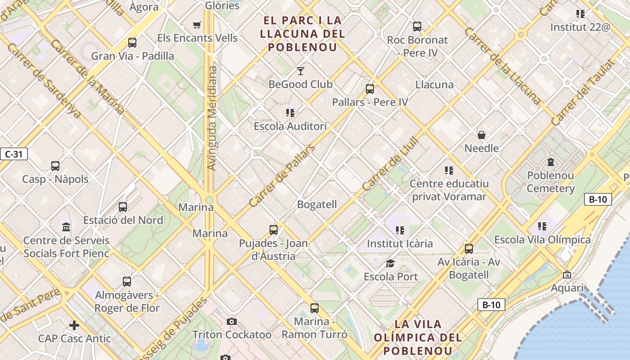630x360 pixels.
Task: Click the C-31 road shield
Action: coord(13,154)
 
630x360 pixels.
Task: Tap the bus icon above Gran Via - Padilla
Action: coord(132,43)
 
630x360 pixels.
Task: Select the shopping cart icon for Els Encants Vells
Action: coord(197,25)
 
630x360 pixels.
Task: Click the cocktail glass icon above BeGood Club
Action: coord(300,71)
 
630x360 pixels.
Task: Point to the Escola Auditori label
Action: coord(290,126)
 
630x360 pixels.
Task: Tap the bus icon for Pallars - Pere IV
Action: coord(369,89)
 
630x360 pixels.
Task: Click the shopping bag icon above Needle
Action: coord(481,135)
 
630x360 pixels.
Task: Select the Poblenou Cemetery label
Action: coord(550,182)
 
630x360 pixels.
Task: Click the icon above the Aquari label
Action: coord(567,274)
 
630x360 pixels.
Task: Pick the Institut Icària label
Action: coord(400,243)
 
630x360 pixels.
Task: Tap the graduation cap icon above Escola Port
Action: coord(390,263)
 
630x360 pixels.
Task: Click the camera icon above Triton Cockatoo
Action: coord(232,321)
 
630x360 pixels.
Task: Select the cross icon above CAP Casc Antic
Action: coord(74,325)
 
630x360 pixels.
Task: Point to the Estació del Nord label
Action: coord(123,220)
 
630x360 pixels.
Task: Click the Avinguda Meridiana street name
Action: coord(211,118)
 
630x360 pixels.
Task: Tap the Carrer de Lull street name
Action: coord(390,164)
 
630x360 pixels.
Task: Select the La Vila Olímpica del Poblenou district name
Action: coord(418,337)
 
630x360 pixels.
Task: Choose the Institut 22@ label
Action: coord(580,27)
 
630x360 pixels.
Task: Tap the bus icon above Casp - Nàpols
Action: coord(55,166)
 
